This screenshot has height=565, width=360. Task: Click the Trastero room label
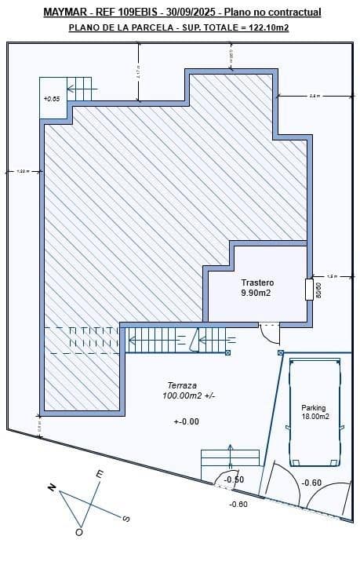[257, 282]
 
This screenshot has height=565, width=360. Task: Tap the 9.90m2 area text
[256, 293]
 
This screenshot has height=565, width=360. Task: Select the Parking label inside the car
[314, 408]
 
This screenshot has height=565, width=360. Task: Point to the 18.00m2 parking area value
[315, 417]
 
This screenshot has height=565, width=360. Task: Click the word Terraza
[181, 385]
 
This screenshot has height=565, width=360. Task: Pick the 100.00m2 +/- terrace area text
[188, 396]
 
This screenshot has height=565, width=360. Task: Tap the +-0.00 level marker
[187, 421]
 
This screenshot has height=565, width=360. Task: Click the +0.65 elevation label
[52, 99]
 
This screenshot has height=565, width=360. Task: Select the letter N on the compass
[52, 487]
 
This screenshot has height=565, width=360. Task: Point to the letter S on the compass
[126, 518]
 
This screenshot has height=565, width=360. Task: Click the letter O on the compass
[78, 532]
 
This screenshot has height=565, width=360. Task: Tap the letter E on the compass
[99, 474]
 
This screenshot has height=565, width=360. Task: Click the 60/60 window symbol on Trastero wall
[309, 289]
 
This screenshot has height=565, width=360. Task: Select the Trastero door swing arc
[271, 334]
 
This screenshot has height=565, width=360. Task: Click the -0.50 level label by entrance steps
[234, 479]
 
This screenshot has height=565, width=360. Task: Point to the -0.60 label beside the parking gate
[311, 483]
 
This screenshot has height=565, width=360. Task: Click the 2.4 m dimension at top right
[315, 97]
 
